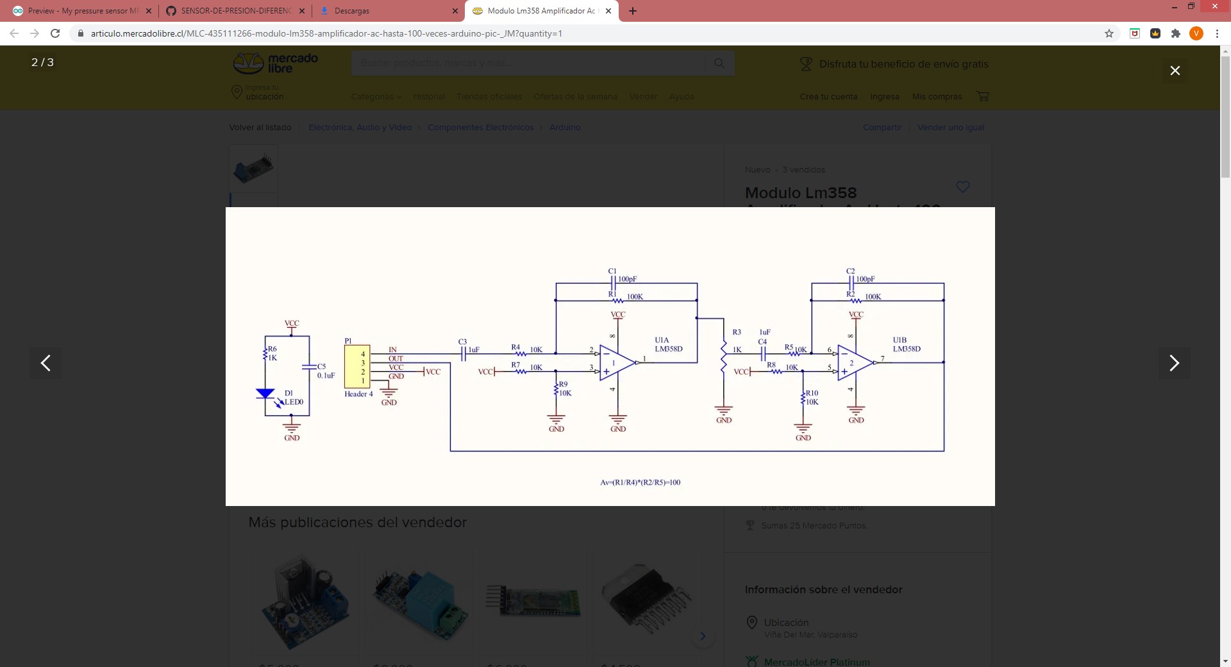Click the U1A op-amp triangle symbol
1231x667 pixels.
[616, 363]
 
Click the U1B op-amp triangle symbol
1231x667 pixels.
[854, 363]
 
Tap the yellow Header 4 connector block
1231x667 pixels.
[357, 366]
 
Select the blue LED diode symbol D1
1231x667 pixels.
[265, 394]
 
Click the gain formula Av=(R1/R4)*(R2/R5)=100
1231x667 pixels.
[640, 482]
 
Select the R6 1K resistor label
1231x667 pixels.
[272, 353]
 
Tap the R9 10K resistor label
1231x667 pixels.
[564, 389]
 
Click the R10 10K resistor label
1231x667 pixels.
[812, 398]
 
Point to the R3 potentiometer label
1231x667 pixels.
[737, 332]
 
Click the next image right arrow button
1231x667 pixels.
[1174, 363]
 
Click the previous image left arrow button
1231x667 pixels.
[46, 363]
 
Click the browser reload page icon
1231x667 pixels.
[55, 33]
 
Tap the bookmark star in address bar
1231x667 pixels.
[1109, 33]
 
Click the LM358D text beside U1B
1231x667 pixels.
[907, 349]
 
